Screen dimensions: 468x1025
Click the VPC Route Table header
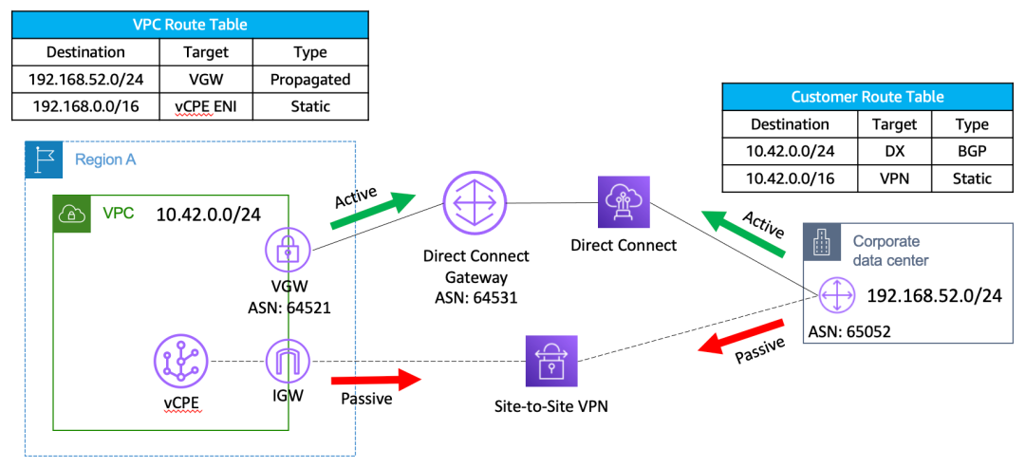point(190,24)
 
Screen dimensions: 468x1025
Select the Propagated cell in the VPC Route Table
point(310,80)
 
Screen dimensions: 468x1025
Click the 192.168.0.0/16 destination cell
point(85,107)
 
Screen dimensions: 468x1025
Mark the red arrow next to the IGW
point(375,381)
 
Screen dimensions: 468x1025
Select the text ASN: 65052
point(849,332)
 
